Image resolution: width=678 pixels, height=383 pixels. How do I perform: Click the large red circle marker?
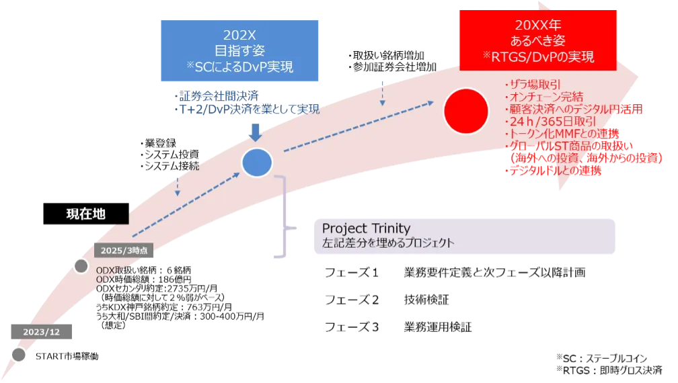[466, 111]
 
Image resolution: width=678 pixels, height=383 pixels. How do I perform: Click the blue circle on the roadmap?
[257, 163]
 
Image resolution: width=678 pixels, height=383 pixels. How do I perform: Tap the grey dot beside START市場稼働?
[19, 355]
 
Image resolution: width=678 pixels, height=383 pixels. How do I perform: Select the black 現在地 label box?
[86, 214]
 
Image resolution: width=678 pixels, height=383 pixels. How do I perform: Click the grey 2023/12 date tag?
[42, 332]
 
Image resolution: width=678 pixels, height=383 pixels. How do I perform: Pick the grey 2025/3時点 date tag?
[124, 251]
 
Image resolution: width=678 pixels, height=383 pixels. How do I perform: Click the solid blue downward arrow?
[256, 132]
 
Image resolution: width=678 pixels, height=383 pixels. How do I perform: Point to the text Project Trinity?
[366, 228]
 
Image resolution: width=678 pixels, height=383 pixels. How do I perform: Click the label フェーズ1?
[352, 272]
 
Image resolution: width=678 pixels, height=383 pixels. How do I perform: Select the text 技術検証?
[426, 300]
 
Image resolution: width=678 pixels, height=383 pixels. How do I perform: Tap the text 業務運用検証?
[438, 327]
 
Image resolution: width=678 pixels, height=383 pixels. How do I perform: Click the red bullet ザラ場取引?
[532, 84]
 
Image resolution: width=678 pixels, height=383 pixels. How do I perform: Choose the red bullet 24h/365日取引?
[550, 122]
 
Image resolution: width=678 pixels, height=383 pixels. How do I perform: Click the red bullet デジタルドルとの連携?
[553, 171]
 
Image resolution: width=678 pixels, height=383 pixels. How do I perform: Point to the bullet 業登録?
[158, 143]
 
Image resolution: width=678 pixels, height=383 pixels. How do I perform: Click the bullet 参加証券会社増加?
[392, 67]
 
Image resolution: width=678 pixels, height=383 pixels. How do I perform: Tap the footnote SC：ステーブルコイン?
[601, 358]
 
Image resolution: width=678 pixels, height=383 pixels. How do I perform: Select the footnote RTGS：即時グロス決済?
[609, 370]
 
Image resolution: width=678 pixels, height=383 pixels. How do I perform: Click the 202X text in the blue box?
[239, 34]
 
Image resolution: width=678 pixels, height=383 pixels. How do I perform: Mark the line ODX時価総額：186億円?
[143, 280]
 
